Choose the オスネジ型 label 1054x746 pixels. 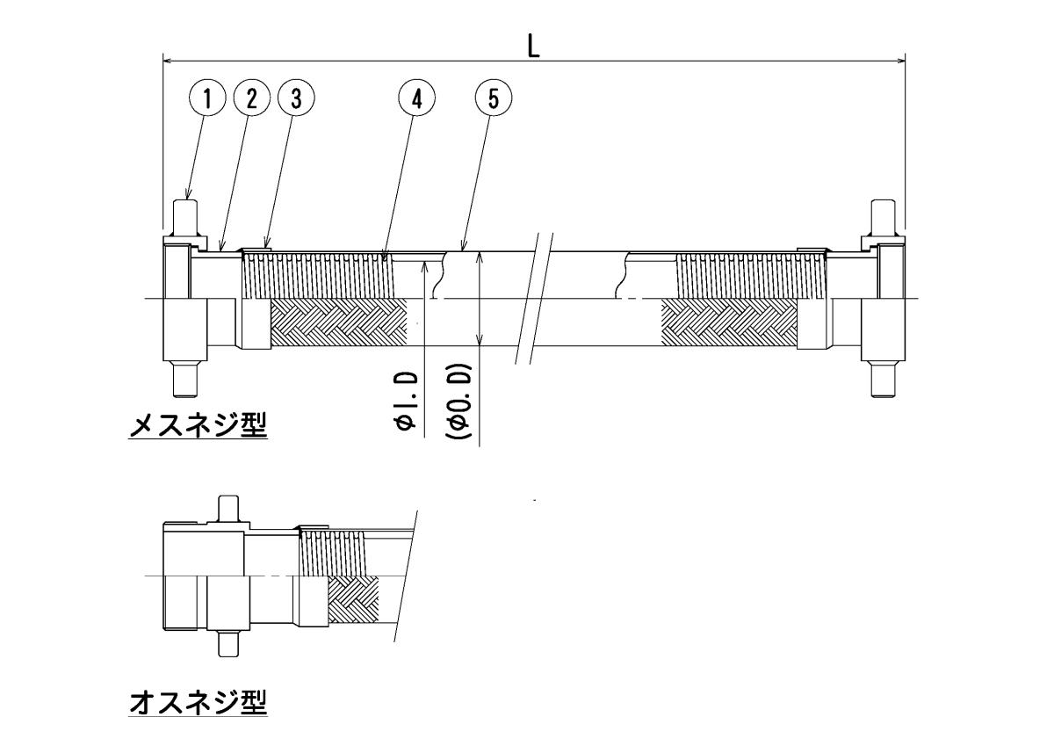(198, 702)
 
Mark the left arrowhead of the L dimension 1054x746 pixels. (168, 61)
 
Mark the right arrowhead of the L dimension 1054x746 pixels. (901, 61)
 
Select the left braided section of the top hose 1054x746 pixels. (338, 322)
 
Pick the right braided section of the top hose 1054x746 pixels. (729, 322)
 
